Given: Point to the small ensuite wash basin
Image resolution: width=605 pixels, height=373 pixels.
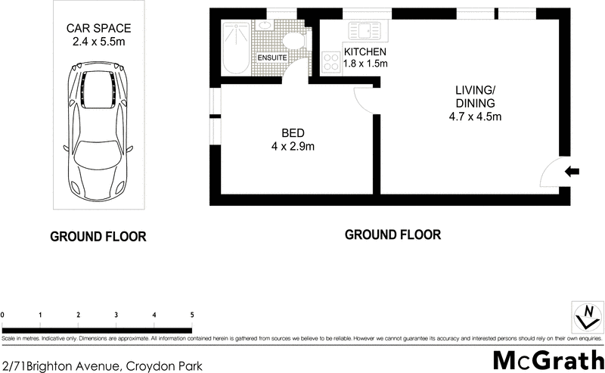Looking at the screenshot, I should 265,25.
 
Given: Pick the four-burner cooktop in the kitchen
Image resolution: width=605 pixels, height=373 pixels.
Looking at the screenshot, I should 330,63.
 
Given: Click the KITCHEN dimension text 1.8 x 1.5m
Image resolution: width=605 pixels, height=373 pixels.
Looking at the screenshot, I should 366,64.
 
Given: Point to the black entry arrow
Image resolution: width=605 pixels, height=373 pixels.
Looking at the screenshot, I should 572,173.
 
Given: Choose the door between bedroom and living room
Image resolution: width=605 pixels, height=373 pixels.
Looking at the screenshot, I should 365,100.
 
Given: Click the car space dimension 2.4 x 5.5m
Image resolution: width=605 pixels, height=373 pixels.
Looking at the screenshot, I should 98,43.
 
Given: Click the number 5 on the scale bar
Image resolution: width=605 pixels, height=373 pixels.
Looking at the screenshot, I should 192,315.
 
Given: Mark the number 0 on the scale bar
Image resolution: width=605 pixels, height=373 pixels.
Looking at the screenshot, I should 4,315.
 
